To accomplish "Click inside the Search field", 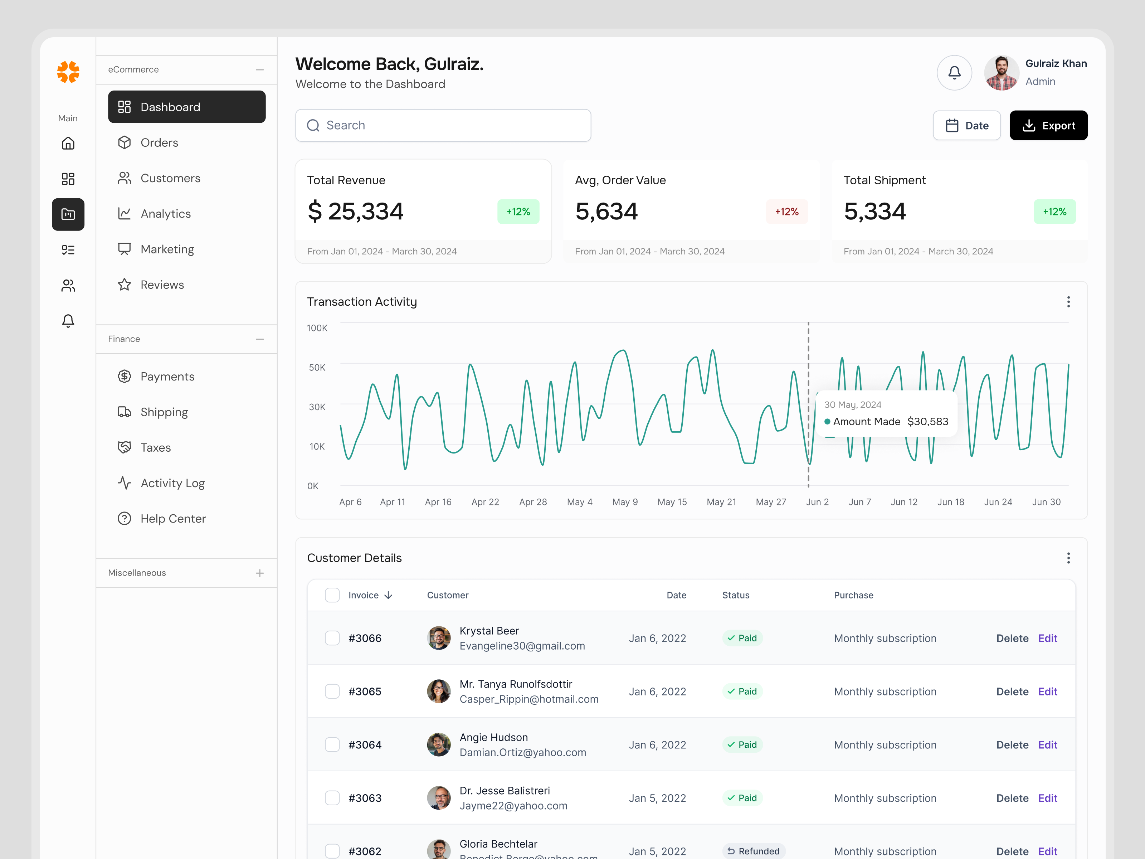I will point(443,125).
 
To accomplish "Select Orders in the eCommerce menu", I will point(159,142).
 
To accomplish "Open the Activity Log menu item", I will point(172,483).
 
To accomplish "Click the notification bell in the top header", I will point(954,73).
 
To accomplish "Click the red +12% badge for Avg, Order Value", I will point(786,212).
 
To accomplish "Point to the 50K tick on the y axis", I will point(317,368).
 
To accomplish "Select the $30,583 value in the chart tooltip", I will point(927,422).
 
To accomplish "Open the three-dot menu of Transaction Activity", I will point(1067,302).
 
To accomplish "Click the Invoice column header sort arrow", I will point(388,596).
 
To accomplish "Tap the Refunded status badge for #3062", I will point(753,851).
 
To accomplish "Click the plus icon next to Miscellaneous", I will point(259,573).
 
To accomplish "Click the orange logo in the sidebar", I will point(68,72).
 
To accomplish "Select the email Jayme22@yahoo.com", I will point(513,806).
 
